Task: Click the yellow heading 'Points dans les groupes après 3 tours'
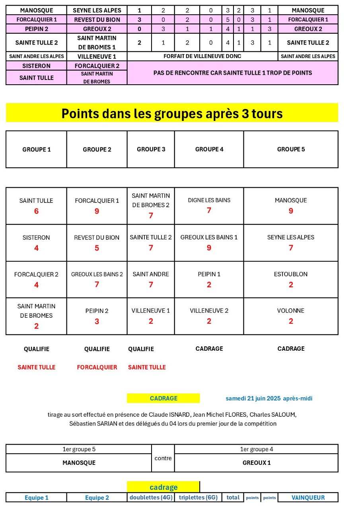click(x=172, y=113)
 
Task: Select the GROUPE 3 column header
click(x=151, y=149)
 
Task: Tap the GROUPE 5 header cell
click(x=291, y=149)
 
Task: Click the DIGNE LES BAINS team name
click(x=209, y=200)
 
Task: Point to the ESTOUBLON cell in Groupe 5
click(x=291, y=274)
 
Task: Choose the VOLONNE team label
click(x=291, y=311)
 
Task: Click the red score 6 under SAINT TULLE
click(x=36, y=211)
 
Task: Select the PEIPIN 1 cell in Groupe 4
click(x=209, y=274)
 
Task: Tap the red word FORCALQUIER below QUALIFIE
click(x=97, y=367)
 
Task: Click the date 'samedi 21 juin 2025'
click(x=253, y=398)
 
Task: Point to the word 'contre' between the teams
click(x=163, y=458)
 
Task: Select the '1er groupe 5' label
click(x=79, y=449)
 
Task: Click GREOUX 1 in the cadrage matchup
click(x=256, y=463)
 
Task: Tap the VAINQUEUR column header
click(x=308, y=497)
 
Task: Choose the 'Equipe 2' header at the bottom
click(x=97, y=497)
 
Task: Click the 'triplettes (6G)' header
click(x=198, y=497)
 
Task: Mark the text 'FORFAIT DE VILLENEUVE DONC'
click(x=202, y=56)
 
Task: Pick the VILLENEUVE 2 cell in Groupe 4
click(x=209, y=311)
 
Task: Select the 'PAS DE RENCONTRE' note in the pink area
click(x=232, y=73)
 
